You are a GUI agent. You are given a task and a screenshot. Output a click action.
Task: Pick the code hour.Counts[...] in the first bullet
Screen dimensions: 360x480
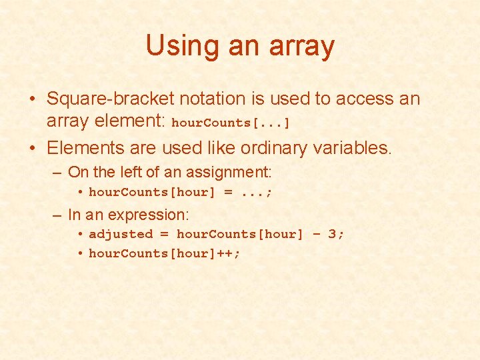click(x=231, y=123)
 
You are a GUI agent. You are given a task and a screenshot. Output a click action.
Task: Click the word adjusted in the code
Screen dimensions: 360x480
click(x=121, y=234)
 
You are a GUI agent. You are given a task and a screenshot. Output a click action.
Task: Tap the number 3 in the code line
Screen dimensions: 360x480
click(x=331, y=234)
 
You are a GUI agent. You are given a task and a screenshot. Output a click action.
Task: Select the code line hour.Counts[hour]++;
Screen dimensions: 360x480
click(x=165, y=253)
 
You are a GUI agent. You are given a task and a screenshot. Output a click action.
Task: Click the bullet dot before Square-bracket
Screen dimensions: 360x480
click(x=32, y=99)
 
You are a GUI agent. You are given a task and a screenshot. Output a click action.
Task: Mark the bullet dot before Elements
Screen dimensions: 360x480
click(x=32, y=147)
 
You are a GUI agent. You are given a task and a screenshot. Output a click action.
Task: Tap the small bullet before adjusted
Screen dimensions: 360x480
click(x=79, y=234)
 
